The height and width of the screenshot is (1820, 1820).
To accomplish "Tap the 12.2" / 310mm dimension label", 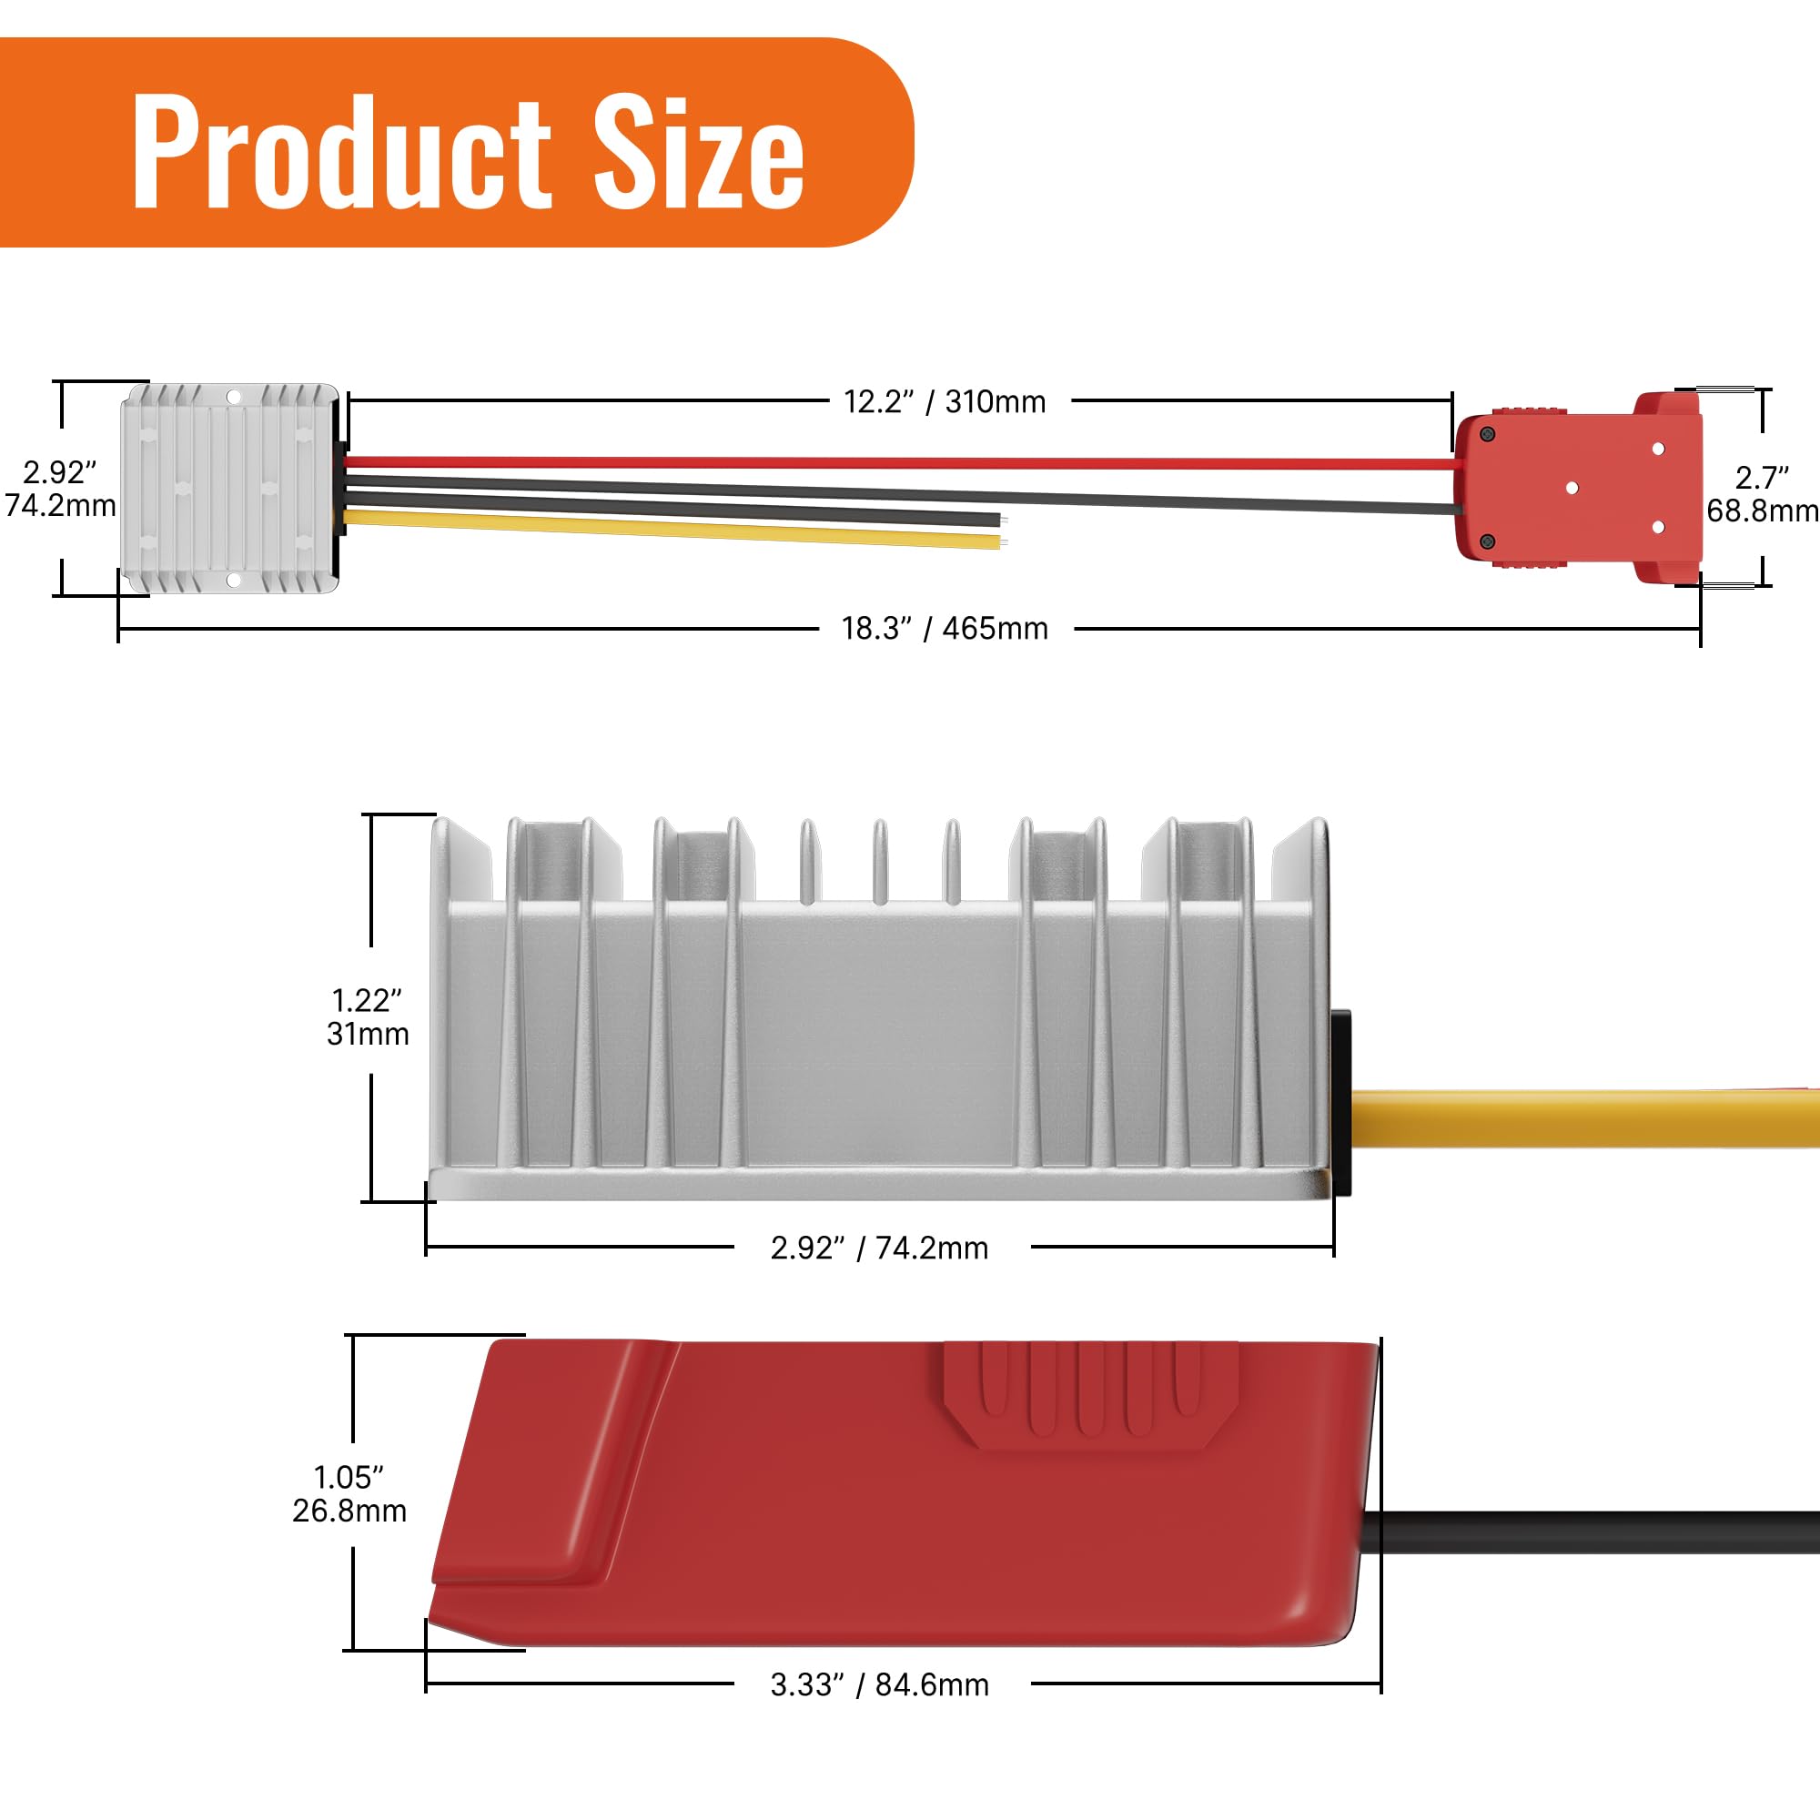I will point(944,402).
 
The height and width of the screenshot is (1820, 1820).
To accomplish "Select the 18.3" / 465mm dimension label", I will point(944,628).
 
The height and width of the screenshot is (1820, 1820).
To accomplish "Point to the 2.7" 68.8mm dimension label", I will point(1761,493).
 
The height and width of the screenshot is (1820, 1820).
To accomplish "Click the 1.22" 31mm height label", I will point(368,1016).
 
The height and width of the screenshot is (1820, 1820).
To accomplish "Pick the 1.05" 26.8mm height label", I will point(349,1493).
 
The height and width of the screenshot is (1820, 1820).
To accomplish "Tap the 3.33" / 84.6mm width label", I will point(879,1684).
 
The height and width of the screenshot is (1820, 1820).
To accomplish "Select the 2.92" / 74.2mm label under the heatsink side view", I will point(879,1248).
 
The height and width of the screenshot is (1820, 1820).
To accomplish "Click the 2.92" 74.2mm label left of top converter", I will point(60,489).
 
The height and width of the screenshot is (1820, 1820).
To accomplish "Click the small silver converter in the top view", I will point(229,488).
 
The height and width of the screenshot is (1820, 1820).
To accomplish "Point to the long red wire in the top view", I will point(895,462).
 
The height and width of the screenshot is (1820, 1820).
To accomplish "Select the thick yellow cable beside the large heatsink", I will point(1582,1118).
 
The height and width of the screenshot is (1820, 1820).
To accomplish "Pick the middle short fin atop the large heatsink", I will point(879,861).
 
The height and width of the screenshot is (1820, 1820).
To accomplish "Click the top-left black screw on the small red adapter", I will point(1488,434).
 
